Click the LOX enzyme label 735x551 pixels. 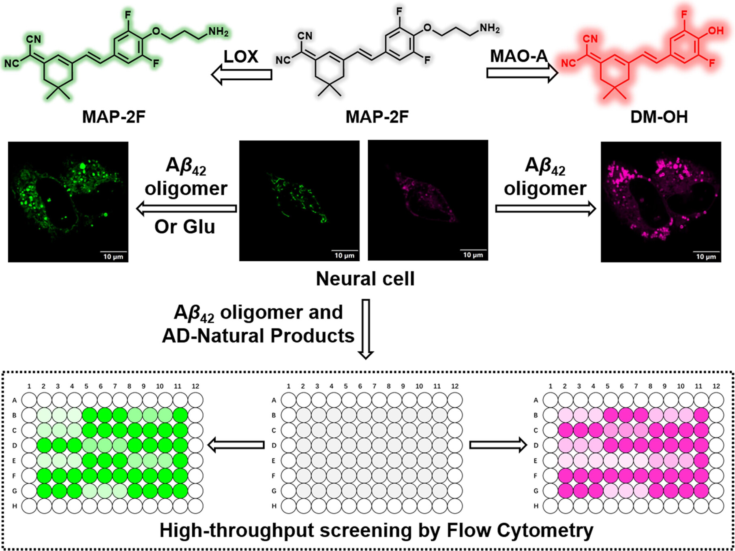(241, 57)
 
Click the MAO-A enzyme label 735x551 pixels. (519, 56)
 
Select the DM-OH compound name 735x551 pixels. (659, 117)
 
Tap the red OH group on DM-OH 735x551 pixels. (716, 30)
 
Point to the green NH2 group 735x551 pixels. (218, 32)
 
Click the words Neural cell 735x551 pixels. (365, 279)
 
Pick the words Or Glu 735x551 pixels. (185, 226)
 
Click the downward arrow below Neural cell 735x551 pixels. (366, 329)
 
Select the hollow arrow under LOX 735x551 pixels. (242, 75)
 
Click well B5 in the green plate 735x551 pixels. (90, 415)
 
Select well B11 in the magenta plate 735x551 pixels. (701, 415)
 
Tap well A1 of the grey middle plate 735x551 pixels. (289, 400)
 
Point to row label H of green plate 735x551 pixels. (15, 506)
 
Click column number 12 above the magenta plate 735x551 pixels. (716, 386)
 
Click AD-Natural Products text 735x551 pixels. (258, 336)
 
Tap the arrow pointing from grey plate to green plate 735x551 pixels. (236, 445)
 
